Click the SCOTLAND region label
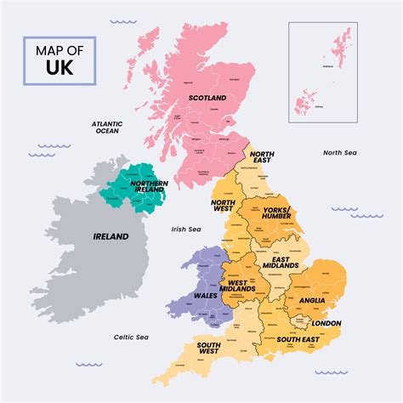[208, 98]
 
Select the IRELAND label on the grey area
[111, 236]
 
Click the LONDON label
[326, 323]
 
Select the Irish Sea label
[185, 229]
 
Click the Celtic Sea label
[131, 337]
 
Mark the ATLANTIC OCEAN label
[107, 128]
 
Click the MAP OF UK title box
[60, 60]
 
